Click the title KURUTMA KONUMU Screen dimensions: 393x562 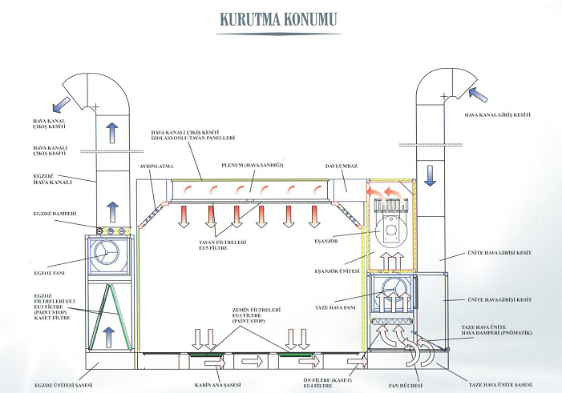[x=281, y=18]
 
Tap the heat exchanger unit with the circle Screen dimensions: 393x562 [x=391, y=229]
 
